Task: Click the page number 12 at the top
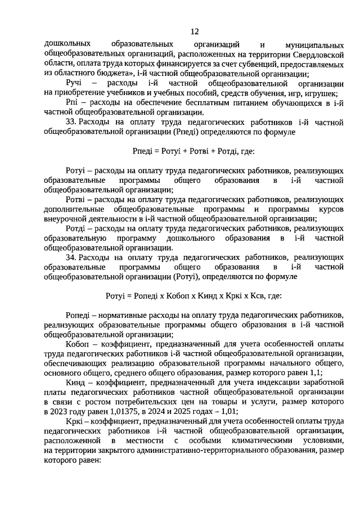pyautogui.click(x=195, y=31)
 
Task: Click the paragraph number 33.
pyautogui.click(x=71, y=122)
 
